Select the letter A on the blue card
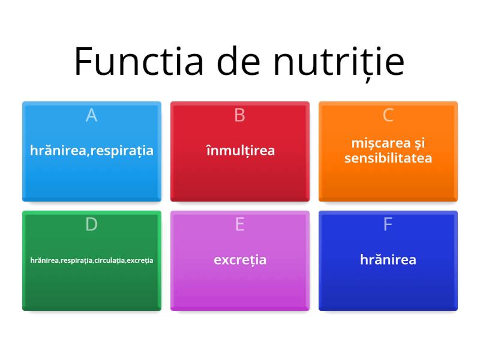(91, 115)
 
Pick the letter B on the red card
(239, 115)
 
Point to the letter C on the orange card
(388, 115)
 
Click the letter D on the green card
(91, 224)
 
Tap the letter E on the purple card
(239, 224)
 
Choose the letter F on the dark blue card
(388, 224)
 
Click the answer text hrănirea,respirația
(92, 151)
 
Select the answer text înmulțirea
(240, 151)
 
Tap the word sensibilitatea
(388, 158)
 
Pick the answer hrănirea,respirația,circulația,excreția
(92, 260)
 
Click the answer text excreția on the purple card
(240, 260)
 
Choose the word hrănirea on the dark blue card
(388, 260)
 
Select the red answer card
(240, 180)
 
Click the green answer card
(92, 288)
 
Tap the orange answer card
(388, 183)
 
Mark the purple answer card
(240, 288)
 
